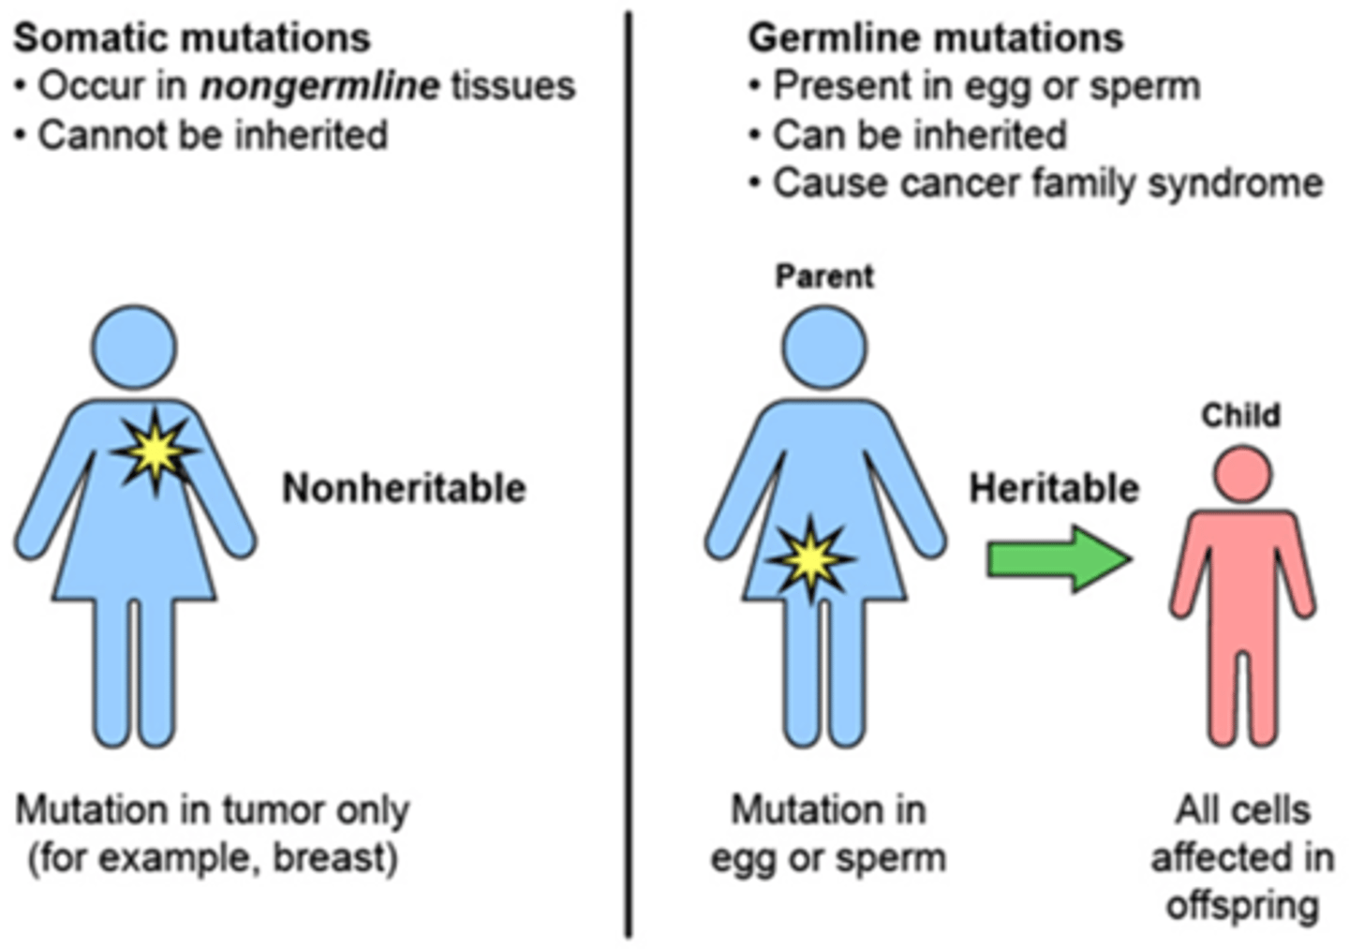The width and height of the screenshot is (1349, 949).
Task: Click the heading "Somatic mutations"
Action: [x=192, y=38]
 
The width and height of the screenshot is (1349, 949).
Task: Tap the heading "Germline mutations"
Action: [x=935, y=38]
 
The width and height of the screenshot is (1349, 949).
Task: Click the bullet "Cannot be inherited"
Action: [x=212, y=135]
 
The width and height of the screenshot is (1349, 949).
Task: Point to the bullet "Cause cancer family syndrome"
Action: [x=1046, y=183]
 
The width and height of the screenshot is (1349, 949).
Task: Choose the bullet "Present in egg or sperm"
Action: [x=986, y=86]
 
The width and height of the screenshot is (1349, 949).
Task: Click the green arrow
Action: [x=1058, y=559]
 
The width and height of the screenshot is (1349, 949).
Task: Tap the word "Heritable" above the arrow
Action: [x=1053, y=488]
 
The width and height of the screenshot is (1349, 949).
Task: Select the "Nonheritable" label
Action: [x=404, y=488]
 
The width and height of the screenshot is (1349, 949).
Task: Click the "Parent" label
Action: [x=824, y=276]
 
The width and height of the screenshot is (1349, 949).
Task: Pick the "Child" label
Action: [x=1240, y=415]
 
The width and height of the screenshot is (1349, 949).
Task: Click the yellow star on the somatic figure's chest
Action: [x=156, y=452]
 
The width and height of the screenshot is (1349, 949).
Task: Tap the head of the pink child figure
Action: [x=1242, y=474]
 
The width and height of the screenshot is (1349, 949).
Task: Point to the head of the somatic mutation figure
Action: [x=134, y=347]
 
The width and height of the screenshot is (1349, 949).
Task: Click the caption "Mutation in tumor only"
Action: [x=213, y=810]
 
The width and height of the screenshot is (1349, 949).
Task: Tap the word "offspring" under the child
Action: [x=1242, y=906]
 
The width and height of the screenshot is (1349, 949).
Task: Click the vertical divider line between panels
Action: [x=628, y=468]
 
